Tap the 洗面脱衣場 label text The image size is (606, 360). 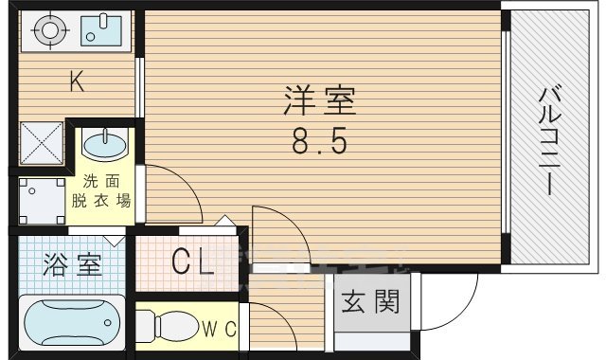tap(101, 191)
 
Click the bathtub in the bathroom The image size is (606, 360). tap(70, 323)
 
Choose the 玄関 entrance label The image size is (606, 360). tap(370, 302)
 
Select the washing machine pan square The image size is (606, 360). tap(40, 200)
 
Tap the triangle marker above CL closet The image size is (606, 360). tap(225, 222)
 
